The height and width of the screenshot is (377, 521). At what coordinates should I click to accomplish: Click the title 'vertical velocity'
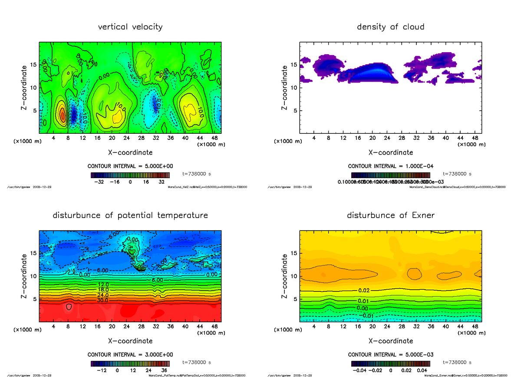(130, 27)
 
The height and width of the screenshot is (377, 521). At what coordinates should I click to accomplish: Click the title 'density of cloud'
(390, 27)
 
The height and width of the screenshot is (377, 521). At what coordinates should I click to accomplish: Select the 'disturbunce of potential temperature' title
(130, 215)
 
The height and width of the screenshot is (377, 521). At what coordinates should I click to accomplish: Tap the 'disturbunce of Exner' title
(390, 215)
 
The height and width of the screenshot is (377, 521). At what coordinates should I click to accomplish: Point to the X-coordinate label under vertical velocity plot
(130, 152)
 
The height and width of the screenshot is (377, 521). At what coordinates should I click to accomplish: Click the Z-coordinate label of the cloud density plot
(285, 88)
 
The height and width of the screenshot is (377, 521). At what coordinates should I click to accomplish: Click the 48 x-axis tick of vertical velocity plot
(214, 138)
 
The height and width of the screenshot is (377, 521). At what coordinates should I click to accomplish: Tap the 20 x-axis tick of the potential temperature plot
(112, 327)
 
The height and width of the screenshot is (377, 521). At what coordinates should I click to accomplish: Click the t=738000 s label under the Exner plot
(457, 362)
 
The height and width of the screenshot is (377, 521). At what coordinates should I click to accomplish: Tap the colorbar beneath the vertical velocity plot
(130, 175)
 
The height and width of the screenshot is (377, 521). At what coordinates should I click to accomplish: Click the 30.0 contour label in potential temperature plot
(103, 300)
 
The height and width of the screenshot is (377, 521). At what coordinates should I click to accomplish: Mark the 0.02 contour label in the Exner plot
(364, 290)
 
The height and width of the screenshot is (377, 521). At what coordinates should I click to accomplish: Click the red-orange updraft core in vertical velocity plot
(63, 115)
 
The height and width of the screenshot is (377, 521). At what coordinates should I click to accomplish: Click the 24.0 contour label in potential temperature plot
(103, 295)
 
